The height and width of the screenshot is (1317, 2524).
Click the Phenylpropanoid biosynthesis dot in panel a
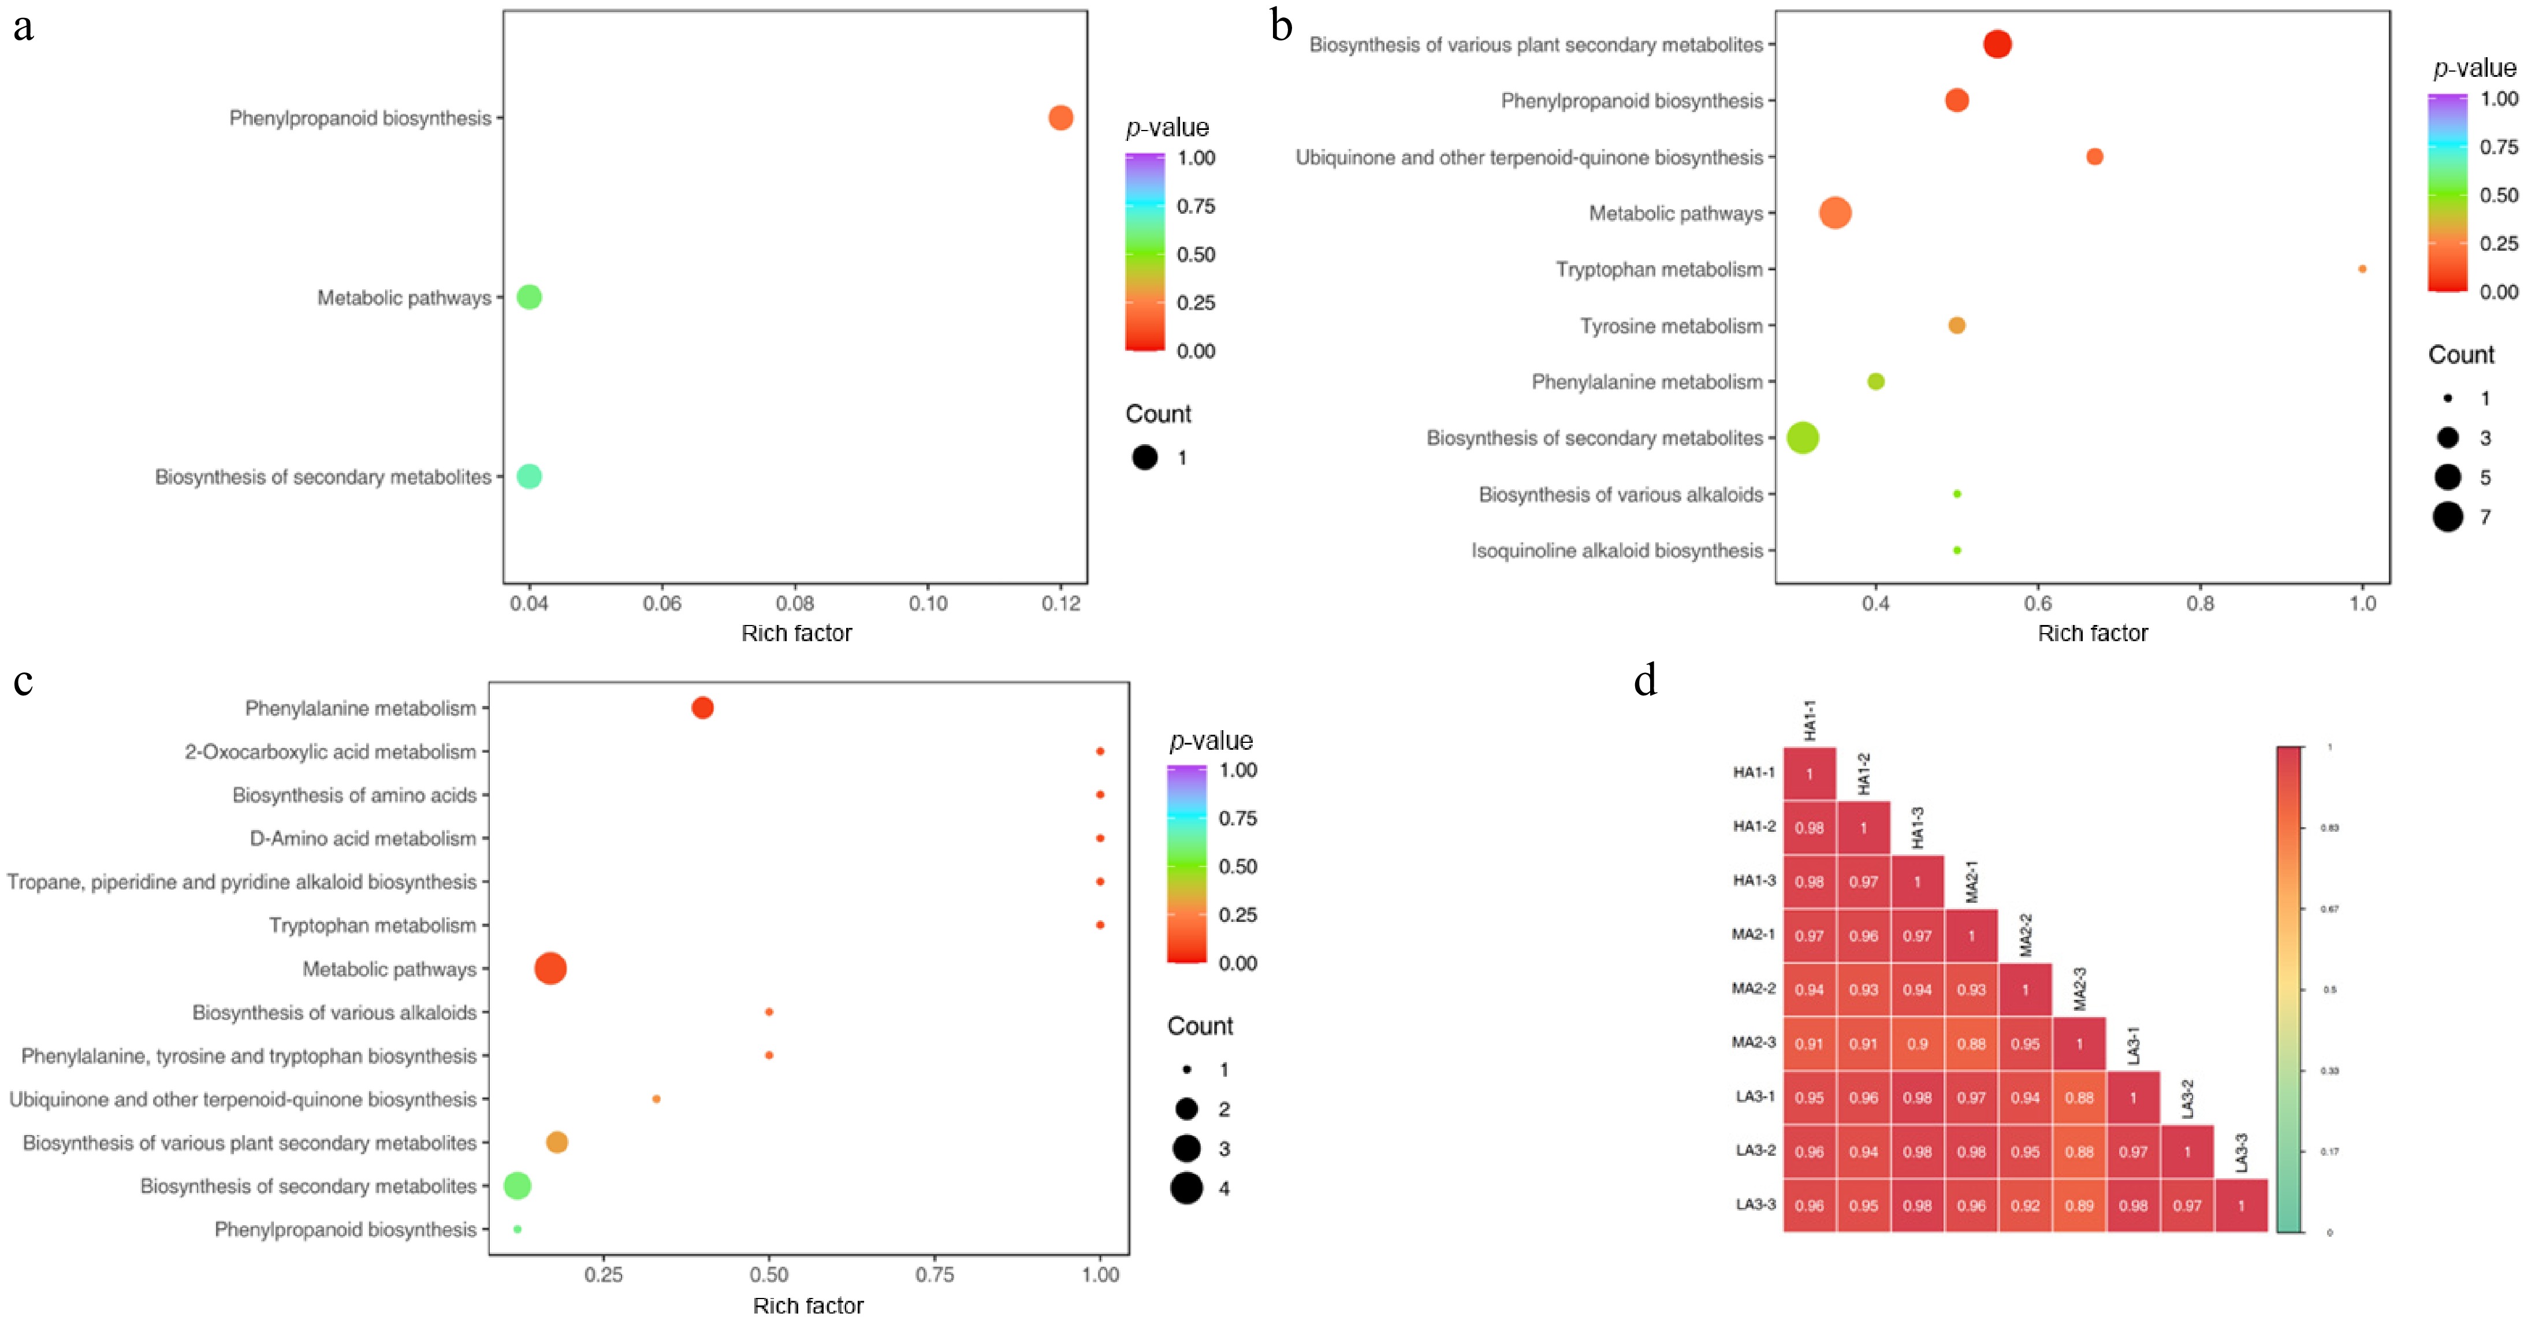tap(1060, 118)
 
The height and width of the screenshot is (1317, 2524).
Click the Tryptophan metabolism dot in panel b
tap(2362, 269)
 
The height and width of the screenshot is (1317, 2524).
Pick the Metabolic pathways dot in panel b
tap(1835, 213)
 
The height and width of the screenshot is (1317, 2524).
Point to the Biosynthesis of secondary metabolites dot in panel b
tap(1803, 438)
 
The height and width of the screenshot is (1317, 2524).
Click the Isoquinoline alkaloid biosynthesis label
tap(1617, 550)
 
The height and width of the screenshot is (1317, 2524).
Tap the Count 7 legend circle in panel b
tap(2448, 516)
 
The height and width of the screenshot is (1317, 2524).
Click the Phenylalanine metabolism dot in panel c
tap(702, 708)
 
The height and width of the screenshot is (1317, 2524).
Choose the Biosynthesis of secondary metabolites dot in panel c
tap(518, 1186)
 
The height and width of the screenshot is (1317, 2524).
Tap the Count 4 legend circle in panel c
tap(1186, 1189)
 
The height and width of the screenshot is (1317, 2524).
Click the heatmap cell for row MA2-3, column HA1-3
tap(1918, 1044)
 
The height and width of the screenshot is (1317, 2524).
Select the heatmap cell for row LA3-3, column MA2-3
tap(2079, 1206)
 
